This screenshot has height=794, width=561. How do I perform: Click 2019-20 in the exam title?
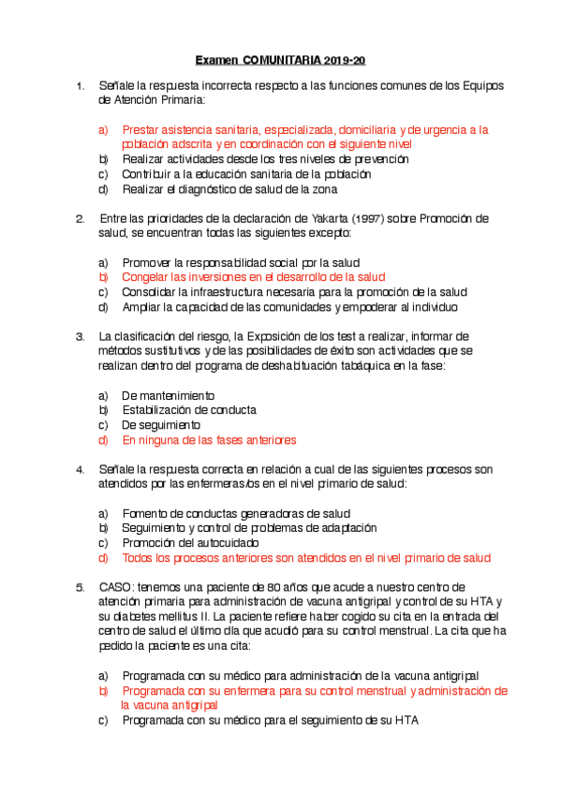(345, 60)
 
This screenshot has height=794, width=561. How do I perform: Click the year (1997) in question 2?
(366, 218)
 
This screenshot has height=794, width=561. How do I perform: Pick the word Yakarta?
(314, 218)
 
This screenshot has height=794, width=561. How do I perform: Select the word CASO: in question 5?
(117, 587)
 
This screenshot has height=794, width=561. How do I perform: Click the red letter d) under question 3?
(103, 439)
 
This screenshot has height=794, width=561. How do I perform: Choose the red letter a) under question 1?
(103, 130)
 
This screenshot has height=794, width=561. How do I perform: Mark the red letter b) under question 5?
(103, 690)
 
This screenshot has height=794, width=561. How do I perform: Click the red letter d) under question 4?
(103, 557)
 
